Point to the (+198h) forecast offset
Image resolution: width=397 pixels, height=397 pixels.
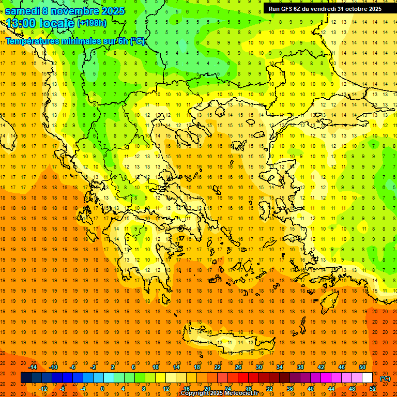point(91,23)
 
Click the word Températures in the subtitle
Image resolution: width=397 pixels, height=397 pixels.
point(32,41)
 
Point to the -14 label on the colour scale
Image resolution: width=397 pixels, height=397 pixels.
point(33,367)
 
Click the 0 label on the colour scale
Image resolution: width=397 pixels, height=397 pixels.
point(102,389)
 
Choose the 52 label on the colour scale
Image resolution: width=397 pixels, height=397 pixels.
point(373,389)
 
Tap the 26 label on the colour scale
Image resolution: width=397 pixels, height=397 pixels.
point(238,367)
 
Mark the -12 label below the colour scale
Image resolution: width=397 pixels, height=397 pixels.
point(43,389)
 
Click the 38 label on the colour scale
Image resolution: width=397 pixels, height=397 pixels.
point(300,367)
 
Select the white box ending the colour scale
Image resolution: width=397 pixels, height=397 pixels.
point(368,378)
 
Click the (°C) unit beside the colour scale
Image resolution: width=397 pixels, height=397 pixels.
point(385,378)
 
